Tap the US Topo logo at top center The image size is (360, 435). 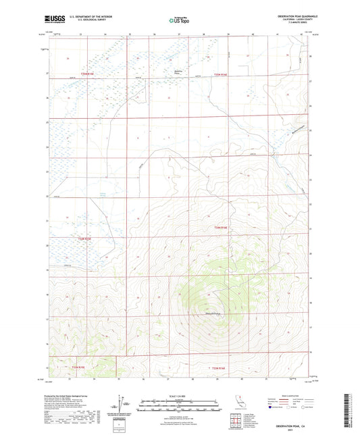click(179, 20)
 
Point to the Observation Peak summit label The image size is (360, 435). click(213, 312)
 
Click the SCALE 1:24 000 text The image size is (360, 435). click(179, 396)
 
